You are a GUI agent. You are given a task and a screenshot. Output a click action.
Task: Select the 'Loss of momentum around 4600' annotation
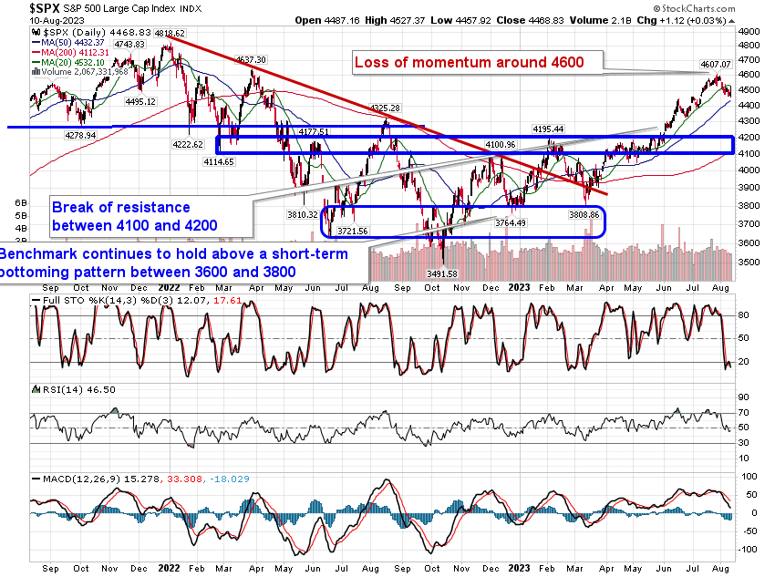click(467, 62)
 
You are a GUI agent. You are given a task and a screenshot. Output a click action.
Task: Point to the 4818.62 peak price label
click(170, 33)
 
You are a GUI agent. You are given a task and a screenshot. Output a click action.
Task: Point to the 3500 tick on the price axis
click(749, 262)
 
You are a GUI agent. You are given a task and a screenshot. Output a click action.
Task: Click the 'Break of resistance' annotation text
click(121, 207)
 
